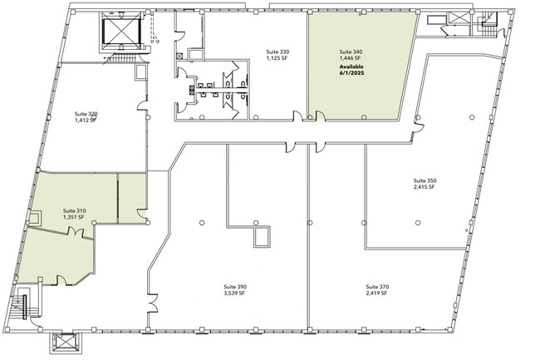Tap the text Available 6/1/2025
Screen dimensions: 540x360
pyautogui.click(x=351, y=70)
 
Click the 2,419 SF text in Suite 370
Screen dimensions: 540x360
pyautogui.click(x=376, y=293)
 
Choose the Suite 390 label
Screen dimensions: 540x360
pyautogui.click(x=235, y=287)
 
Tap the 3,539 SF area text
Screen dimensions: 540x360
pyautogui.click(x=234, y=293)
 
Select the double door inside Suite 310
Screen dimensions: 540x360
pyautogui.click(x=76, y=233)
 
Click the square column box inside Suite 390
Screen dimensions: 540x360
pyautogui.click(x=262, y=237)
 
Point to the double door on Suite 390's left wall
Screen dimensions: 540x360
pyautogui.click(x=153, y=303)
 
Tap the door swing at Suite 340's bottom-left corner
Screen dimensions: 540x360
pyautogui.click(x=320, y=116)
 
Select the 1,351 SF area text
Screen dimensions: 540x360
pyautogui.click(x=73, y=217)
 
